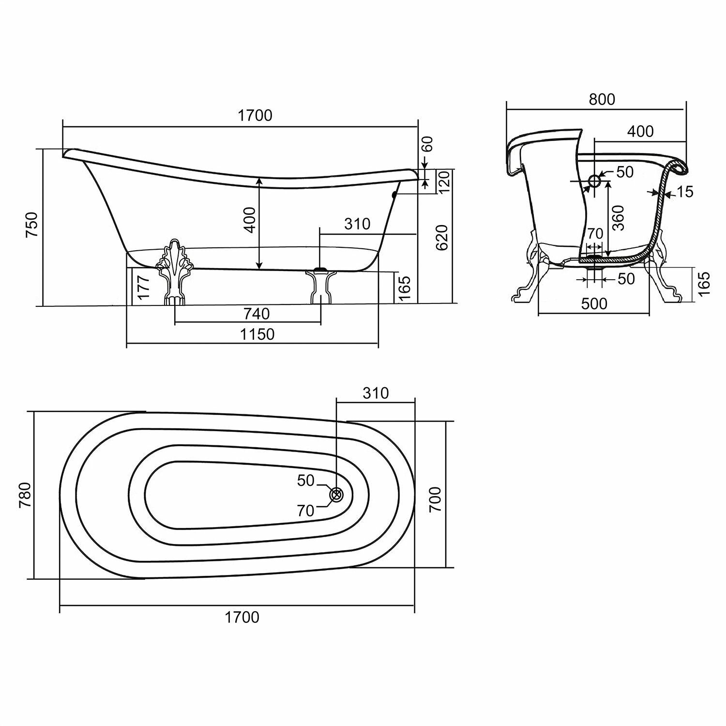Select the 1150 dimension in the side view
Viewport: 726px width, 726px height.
tap(256, 334)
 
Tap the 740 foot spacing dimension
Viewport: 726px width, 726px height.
tap(257, 314)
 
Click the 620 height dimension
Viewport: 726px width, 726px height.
tap(442, 237)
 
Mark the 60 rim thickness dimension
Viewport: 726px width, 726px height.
tap(427, 144)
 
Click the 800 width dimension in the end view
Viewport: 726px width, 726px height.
tap(602, 99)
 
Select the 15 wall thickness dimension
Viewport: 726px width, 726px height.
tap(685, 192)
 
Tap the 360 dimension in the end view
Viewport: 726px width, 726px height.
tap(618, 218)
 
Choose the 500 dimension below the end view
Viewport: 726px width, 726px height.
tap(594, 303)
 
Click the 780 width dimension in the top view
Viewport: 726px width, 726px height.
tap(25, 495)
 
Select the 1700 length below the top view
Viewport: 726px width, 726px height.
tap(242, 617)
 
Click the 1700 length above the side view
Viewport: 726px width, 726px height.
tap(255, 116)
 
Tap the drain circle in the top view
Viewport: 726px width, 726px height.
tap(336, 495)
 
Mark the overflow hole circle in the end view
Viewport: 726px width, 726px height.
tap(594, 181)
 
